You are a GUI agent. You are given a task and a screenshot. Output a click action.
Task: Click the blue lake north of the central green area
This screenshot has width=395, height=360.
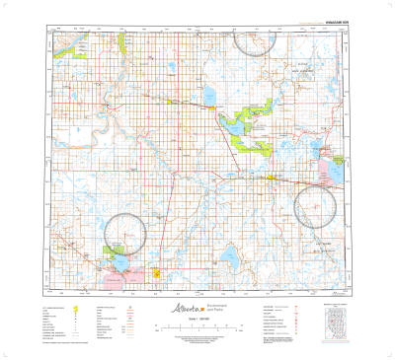pyautogui.click(x=210, y=97)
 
